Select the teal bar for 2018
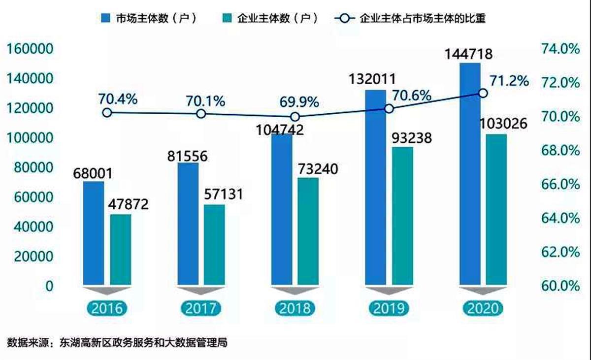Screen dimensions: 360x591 308,231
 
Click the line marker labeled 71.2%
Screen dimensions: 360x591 483,93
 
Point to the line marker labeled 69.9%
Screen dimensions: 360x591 295,117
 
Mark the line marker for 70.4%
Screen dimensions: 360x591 107,113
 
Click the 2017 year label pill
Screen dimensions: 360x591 201,308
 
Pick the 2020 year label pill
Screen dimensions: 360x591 483,308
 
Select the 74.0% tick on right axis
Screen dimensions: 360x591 560,49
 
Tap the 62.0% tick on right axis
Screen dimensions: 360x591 560,252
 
